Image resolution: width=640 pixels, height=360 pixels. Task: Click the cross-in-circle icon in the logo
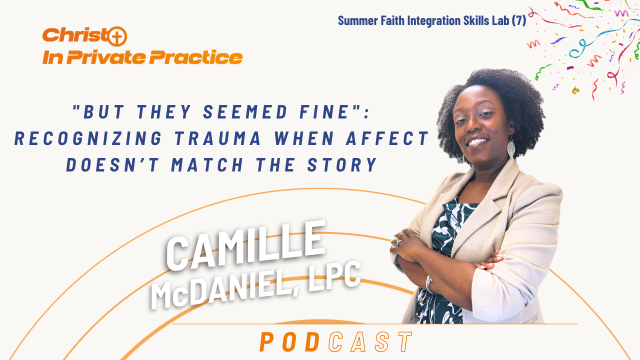117,36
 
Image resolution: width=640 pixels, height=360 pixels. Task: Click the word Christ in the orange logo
75,35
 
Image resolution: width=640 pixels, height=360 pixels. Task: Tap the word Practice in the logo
196,57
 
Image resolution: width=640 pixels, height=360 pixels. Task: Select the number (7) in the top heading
518,20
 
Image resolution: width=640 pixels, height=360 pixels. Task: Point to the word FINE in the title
324,111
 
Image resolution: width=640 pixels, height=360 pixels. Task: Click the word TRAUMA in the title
217,138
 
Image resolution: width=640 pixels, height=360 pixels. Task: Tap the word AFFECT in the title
387,138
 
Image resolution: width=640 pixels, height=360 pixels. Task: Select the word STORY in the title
342,165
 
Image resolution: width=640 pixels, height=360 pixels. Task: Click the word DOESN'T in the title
112,165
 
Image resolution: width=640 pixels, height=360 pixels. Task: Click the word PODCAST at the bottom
336,341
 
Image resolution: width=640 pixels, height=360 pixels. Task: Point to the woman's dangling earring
511,146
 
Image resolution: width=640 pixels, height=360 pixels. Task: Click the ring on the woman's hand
399,242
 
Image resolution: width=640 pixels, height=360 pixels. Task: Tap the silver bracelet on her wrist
429,284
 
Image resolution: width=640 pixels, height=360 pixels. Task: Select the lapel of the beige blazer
483,217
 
